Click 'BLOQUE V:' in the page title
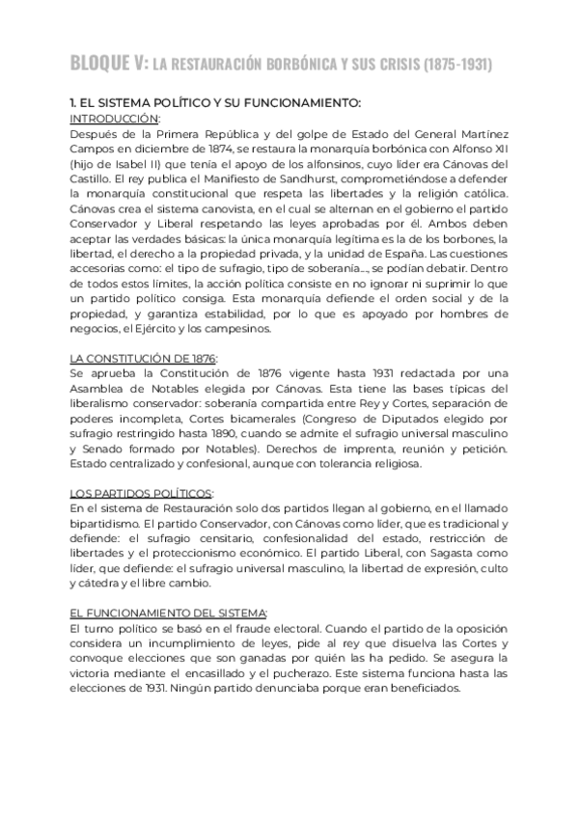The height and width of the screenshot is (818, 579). click(x=109, y=65)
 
